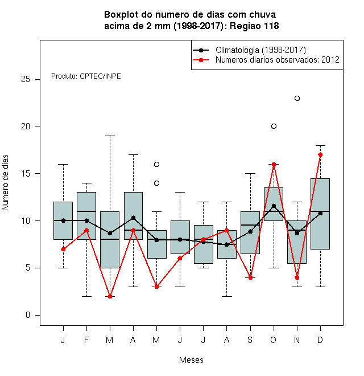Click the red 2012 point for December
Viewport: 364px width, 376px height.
pos(320,154)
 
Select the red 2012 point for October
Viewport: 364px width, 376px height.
pos(274,164)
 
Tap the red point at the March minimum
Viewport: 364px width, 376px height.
pos(110,296)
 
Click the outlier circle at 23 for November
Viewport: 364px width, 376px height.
pos(297,99)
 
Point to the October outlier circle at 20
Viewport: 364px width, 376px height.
pos(274,126)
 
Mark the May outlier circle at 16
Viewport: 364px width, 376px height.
pos(156,164)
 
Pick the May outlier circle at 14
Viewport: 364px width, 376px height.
pos(156,183)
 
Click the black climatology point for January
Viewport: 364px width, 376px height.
pos(63,220)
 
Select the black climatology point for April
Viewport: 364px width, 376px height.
pos(134,218)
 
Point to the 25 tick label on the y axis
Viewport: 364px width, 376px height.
pos(26,79)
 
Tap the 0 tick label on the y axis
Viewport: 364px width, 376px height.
pos(28,315)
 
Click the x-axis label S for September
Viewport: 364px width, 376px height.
pos(250,340)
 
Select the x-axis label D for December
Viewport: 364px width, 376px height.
pos(320,340)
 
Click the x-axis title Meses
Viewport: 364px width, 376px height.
pos(191,360)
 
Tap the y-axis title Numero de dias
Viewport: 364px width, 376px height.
pos(5,183)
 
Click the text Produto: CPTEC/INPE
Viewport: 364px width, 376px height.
pos(86,76)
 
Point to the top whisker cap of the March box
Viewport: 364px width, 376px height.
pos(110,136)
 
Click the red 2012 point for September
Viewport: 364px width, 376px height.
pos(250,277)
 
